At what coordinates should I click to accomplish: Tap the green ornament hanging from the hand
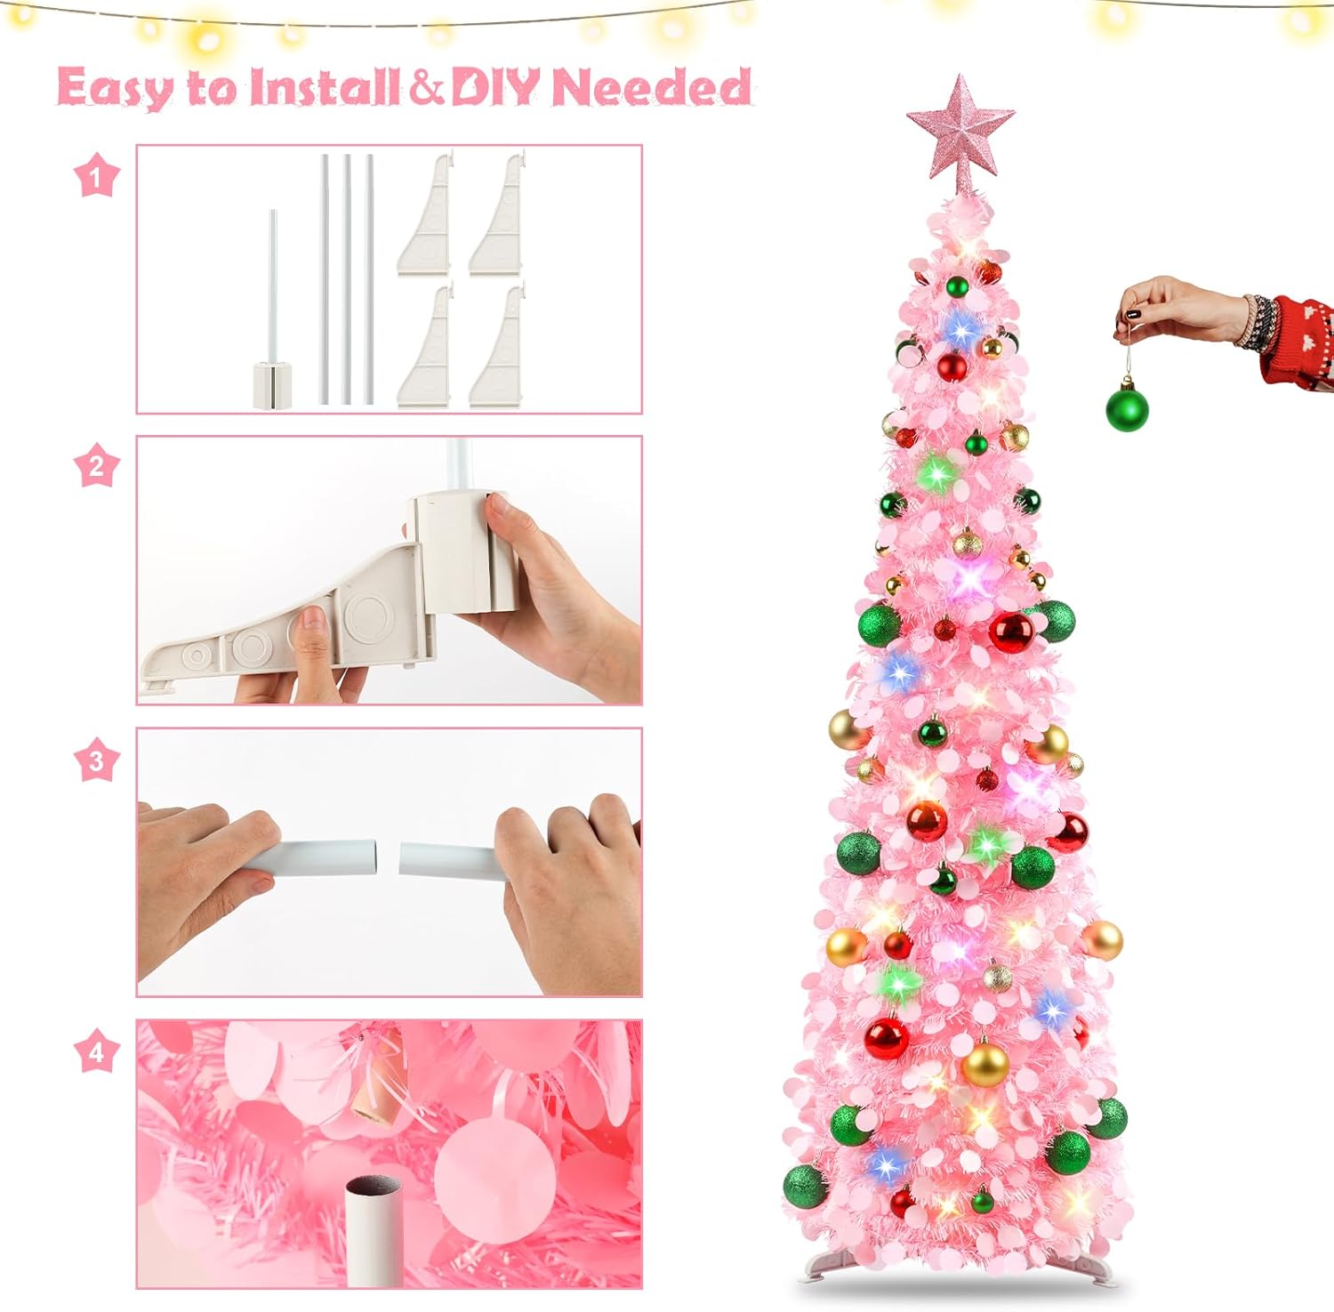click(x=1127, y=407)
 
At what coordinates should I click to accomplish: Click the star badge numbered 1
click(x=96, y=176)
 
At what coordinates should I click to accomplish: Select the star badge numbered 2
click(x=96, y=466)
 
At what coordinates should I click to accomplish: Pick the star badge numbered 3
click(x=96, y=761)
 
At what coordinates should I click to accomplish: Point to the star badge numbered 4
click(x=96, y=1052)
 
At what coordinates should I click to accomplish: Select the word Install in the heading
click(x=324, y=87)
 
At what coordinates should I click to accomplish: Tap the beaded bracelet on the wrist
click(x=1259, y=322)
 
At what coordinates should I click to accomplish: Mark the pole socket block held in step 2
click(x=461, y=551)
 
